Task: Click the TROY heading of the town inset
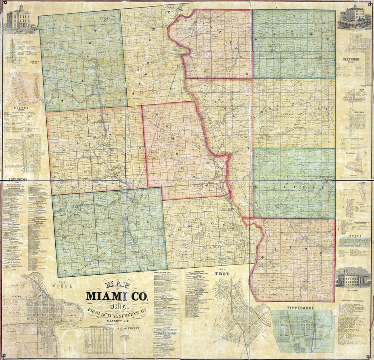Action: click(222, 273)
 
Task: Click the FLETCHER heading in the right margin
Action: click(351, 59)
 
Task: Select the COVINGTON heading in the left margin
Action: click(16, 180)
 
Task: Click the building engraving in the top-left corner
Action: click(20, 18)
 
